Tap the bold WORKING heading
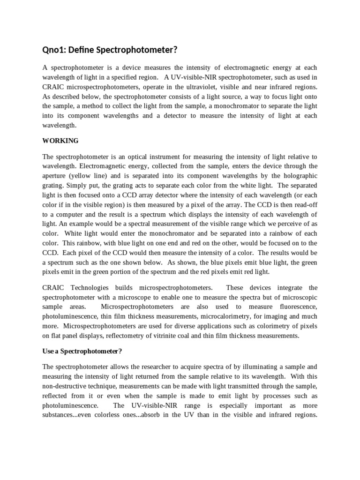tap(60, 141)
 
